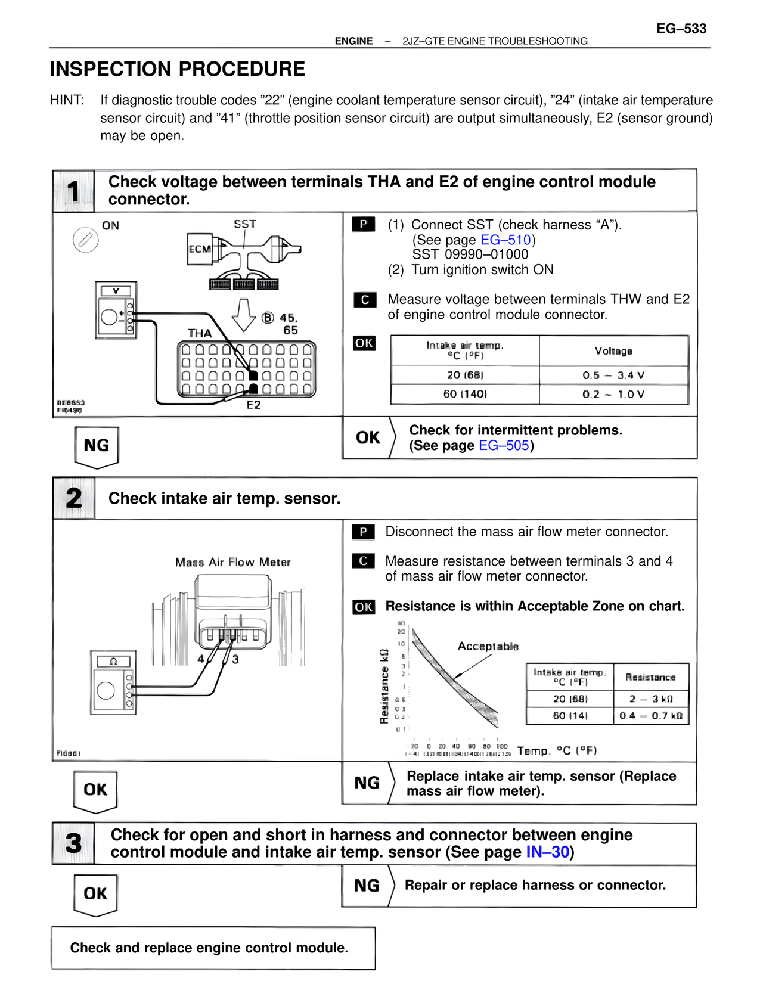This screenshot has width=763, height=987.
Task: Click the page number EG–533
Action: tap(681, 29)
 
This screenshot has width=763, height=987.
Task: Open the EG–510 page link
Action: tap(505, 240)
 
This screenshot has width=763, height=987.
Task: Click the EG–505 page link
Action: tap(504, 446)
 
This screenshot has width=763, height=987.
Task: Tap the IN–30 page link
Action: tap(547, 852)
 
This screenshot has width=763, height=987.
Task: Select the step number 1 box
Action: tap(73, 191)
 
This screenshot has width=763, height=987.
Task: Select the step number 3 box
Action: tap(73, 843)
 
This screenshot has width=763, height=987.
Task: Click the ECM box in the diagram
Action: tap(200, 249)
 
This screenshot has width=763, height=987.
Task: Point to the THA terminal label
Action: tap(200, 333)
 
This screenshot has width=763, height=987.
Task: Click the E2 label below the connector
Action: tap(254, 405)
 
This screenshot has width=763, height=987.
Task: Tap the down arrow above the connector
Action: tap(243, 314)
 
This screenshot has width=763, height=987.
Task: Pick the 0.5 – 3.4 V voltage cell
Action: tap(613, 375)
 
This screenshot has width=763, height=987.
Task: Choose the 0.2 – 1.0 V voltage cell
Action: tap(613, 395)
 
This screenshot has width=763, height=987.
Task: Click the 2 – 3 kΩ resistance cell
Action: tap(651, 699)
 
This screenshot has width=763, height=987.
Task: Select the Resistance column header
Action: tap(650, 678)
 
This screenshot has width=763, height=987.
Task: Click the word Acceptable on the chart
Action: tap(488, 647)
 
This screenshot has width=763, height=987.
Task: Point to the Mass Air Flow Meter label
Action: tap(232, 563)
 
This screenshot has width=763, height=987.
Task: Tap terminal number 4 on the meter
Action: tap(201, 659)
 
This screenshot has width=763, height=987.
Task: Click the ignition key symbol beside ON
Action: tap(85, 240)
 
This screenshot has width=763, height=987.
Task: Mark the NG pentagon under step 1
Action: tap(97, 446)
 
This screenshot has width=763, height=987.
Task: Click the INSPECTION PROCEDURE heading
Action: tap(177, 69)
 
